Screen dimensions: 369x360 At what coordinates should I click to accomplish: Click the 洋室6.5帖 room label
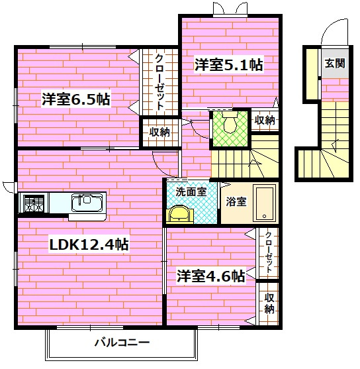pyautogui.click(x=75, y=100)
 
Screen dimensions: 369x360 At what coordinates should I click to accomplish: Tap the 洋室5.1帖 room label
pyautogui.click(x=228, y=65)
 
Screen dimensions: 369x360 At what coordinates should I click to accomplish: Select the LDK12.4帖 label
pyautogui.click(x=89, y=244)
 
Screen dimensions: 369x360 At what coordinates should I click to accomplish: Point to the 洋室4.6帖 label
pyautogui.click(x=210, y=275)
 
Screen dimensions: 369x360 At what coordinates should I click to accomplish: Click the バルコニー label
pyautogui.click(x=121, y=343)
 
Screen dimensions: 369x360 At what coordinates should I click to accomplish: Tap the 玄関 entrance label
pyautogui.click(x=334, y=64)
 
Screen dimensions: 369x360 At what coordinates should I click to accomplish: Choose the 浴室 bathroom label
pyautogui.click(x=236, y=201)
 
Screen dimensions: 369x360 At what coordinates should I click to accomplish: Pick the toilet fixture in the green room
pyautogui.click(x=229, y=122)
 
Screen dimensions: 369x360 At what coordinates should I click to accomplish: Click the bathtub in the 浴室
pyautogui.click(x=265, y=203)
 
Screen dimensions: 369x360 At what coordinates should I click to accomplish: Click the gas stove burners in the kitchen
pyautogui.click(x=33, y=203)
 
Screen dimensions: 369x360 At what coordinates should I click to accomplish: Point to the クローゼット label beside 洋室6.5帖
pyautogui.click(x=160, y=81)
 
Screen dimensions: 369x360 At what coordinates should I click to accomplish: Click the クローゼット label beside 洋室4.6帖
pyautogui.click(x=269, y=252)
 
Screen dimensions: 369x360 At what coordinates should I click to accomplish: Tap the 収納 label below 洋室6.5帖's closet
pyautogui.click(x=159, y=132)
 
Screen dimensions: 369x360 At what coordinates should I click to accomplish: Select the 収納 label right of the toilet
pyautogui.click(x=264, y=120)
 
